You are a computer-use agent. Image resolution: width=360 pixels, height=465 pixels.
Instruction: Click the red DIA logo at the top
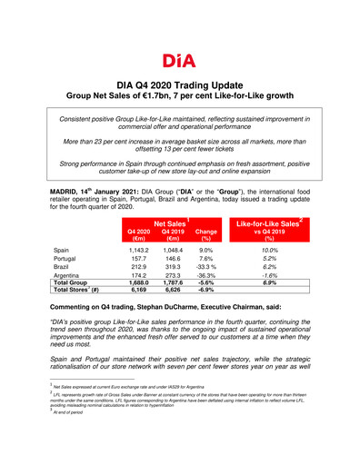pyautogui.click(x=179, y=60)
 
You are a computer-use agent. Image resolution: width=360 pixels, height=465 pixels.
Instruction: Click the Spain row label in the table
pyautogui.click(x=62, y=249)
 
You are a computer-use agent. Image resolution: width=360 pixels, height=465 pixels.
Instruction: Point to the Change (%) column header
pyautogui.click(x=206, y=234)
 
